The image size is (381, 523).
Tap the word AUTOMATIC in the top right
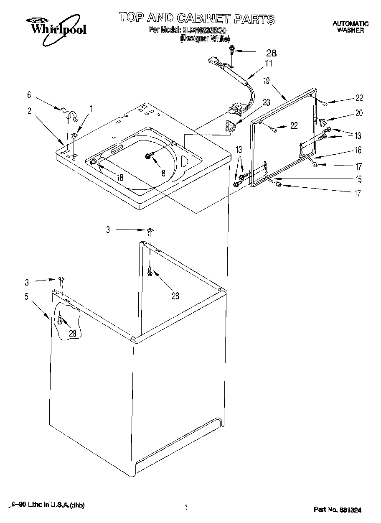pyautogui.click(x=351, y=24)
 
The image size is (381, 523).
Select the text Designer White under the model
pyautogui.click(x=204, y=38)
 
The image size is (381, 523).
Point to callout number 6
pyautogui.click(x=29, y=95)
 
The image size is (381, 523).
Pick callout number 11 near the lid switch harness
pyautogui.click(x=268, y=64)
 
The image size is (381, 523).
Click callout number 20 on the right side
pyautogui.click(x=358, y=112)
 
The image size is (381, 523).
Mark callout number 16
pyautogui.click(x=358, y=150)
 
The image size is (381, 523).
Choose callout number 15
pyautogui.click(x=358, y=180)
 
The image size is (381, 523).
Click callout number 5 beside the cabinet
pyautogui.click(x=26, y=296)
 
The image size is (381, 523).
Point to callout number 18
pyautogui.click(x=120, y=177)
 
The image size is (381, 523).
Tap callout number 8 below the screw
pyautogui.click(x=163, y=172)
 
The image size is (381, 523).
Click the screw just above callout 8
pyautogui.click(x=148, y=156)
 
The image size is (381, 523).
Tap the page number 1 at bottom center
pyautogui.click(x=185, y=507)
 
